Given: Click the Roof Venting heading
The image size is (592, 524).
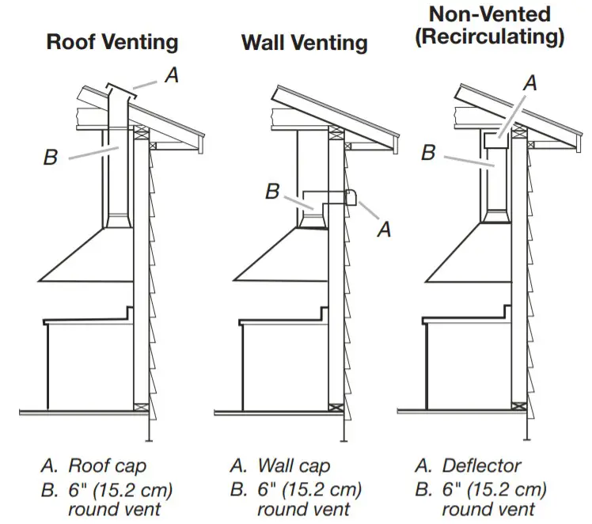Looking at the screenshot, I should click(x=112, y=42).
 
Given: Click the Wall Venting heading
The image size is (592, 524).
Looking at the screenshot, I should click(x=305, y=42).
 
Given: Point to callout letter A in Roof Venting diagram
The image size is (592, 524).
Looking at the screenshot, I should click(x=170, y=75).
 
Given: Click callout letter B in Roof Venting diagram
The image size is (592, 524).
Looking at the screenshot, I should click(x=51, y=158).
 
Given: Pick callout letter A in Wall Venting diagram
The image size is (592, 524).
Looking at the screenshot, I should click(x=385, y=230).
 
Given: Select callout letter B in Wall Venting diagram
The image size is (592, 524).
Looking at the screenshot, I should click(x=272, y=191).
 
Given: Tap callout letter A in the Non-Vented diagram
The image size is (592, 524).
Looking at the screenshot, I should click(x=531, y=82).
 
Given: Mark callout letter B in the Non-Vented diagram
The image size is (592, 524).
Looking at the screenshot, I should click(x=428, y=152).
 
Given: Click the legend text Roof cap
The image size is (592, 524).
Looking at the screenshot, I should click(x=107, y=465).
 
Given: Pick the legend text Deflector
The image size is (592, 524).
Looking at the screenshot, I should click(x=482, y=465).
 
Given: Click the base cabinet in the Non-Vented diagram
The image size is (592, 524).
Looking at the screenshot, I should click(x=467, y=364).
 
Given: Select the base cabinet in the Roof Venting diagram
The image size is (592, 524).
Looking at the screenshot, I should click(x=87, y=364).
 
